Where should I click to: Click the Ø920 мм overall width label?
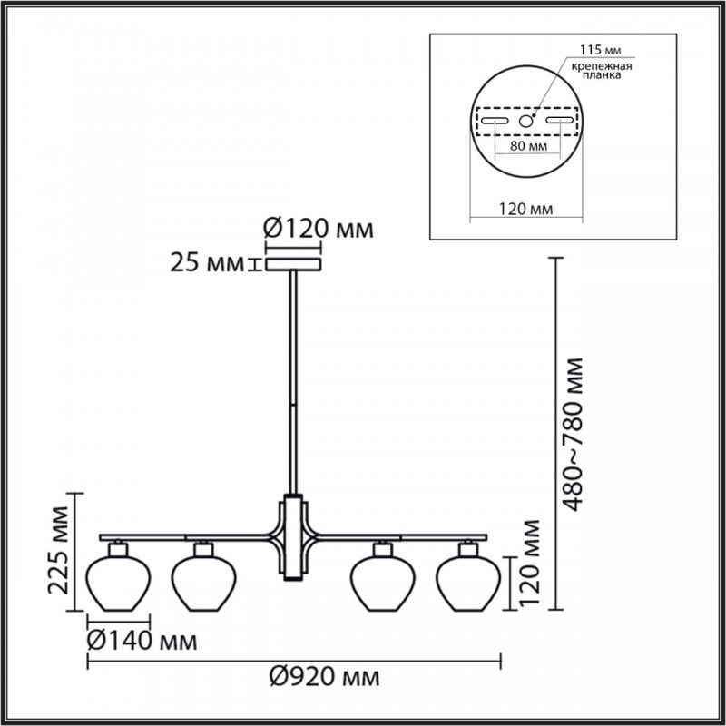[325, 677]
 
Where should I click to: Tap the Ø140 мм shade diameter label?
[142, 642]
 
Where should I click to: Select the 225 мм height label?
[59, 551]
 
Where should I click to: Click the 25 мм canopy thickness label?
[207, 263]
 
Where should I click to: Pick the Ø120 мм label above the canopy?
[319, 229]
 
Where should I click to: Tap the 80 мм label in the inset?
[528, 146]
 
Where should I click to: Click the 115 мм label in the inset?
[601, 50]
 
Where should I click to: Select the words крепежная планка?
[601, 71]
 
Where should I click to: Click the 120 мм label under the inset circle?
[525, 210]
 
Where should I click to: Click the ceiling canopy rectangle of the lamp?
[293, 265]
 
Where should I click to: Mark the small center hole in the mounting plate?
[525, 122]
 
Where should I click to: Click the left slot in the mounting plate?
[495, 121]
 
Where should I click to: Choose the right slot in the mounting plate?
[560, 121]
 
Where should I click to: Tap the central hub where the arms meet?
[293, 537]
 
